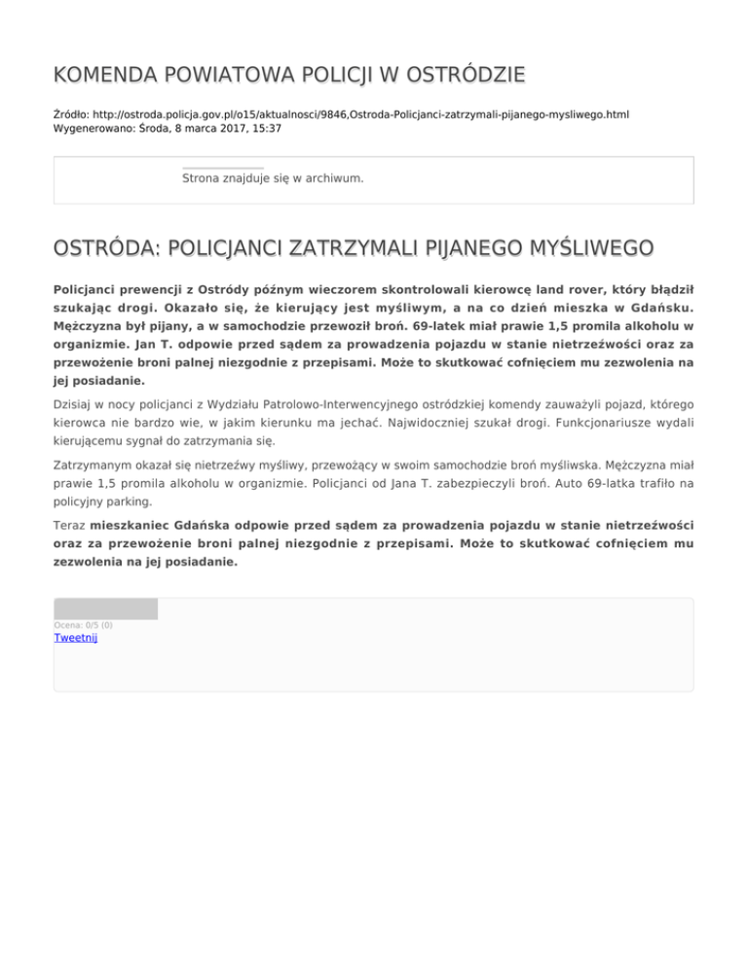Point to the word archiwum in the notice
pyautogui.click(x=333, y=178)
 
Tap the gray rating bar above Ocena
pyautogui.click(x=105, y=610)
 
